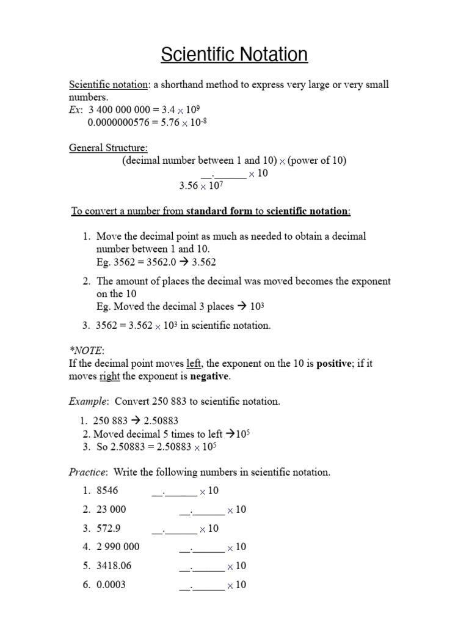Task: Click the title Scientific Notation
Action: [234, 55]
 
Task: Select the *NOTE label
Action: [87, 350]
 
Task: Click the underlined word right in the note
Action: [109, 376]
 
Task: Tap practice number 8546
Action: [107, 491]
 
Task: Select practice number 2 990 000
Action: [118, 547]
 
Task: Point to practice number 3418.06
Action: [114, 565]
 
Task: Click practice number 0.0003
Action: [111, 584]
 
